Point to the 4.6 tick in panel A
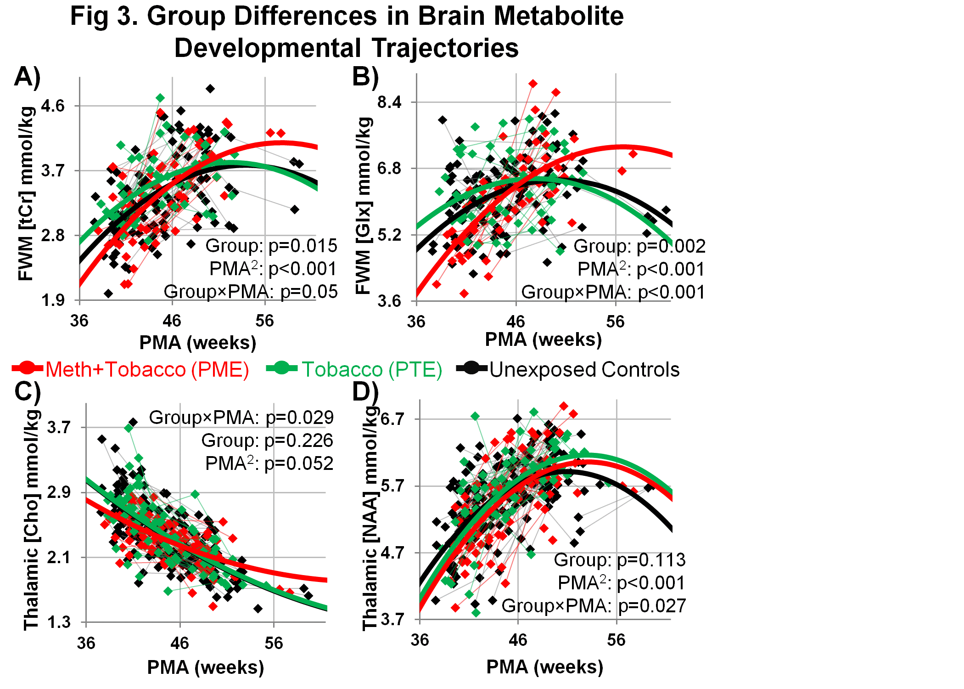pyautogui.click(x=53, y=106)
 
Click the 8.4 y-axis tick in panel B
pyautogui.click(x=390, y=102)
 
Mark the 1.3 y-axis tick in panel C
pyautogui.click(x=59, y=622)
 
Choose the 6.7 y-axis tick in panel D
pyautogui.click(x=393, y=419)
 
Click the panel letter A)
pyautogui.click(x=28, y=76)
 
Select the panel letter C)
pyautogui.click(x=28, y=391)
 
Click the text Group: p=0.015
pyautogui.click(x=271, y=246)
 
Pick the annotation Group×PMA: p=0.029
pyautogui.click(x=241, y=418)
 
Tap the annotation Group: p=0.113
pyautogui.click(x=619, y=560)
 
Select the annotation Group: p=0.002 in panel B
pyautogui.click(x=639, y=246)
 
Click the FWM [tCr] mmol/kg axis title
pyautogui.click(x=26, y=193)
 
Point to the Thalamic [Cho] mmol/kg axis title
pyautogui.click(x=31, y=519)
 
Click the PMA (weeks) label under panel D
pyautogui.click(x=545, y=666)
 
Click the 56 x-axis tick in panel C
pyautogui.click(x=274, y=643)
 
